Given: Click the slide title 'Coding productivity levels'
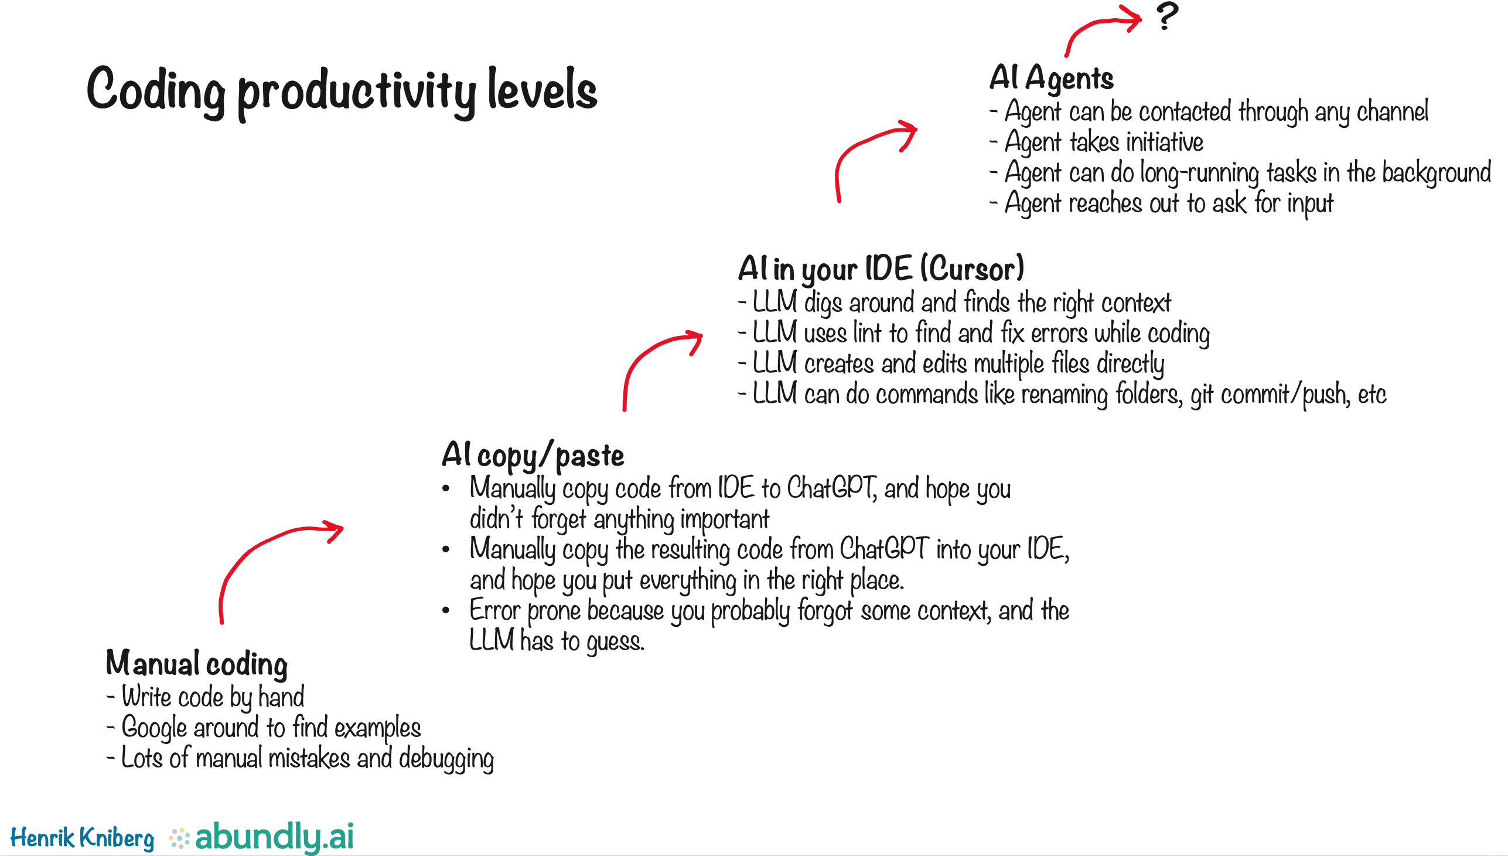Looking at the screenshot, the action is point(342,91).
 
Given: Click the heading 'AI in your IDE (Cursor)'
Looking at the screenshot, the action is point(881,269).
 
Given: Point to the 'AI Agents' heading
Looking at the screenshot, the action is point(1051,78).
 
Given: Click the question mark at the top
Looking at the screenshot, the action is point(1166,16).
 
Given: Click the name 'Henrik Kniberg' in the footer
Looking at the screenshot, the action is point(82,837).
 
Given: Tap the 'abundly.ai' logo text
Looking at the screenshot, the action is point(274,836).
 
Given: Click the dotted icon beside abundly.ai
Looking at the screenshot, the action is point(179,838).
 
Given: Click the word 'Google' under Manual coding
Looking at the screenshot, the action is point(155,728).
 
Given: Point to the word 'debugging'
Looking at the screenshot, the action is point(446,759).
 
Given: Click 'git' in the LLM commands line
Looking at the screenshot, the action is point(1203,394).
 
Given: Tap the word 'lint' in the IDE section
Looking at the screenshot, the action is point(867,333).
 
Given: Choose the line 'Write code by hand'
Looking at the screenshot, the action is point(213,697).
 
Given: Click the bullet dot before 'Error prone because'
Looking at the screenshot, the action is point(446,611).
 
